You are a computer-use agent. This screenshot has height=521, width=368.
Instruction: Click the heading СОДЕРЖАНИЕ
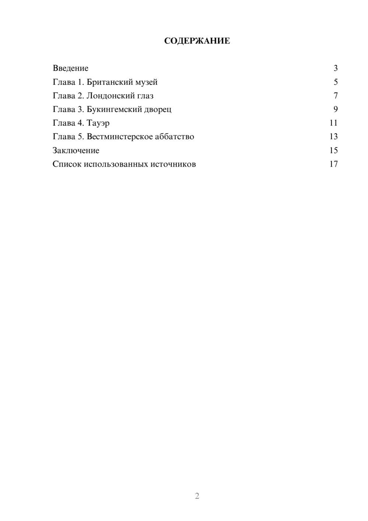(197, 41)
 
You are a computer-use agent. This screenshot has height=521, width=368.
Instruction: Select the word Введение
(71, 68)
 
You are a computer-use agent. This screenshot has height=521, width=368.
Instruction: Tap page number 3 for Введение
(336, 68)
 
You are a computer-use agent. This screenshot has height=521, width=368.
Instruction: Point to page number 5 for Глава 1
(336, 82)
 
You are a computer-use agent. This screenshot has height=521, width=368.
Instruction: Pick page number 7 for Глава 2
(336, 96)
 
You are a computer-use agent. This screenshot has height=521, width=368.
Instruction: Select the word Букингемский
(113, 109)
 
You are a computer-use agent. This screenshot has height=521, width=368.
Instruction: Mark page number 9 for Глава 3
(336, 109)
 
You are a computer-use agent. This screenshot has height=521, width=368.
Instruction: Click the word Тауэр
(98, 123)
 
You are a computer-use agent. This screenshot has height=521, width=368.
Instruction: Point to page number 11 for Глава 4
(334, 123)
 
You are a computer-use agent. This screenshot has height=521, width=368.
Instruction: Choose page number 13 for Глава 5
(334, 137)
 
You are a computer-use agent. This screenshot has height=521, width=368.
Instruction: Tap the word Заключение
(76, 150)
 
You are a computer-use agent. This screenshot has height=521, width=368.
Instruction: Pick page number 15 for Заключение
(334, 150)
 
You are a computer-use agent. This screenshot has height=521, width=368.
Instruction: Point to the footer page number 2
(197, 496)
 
